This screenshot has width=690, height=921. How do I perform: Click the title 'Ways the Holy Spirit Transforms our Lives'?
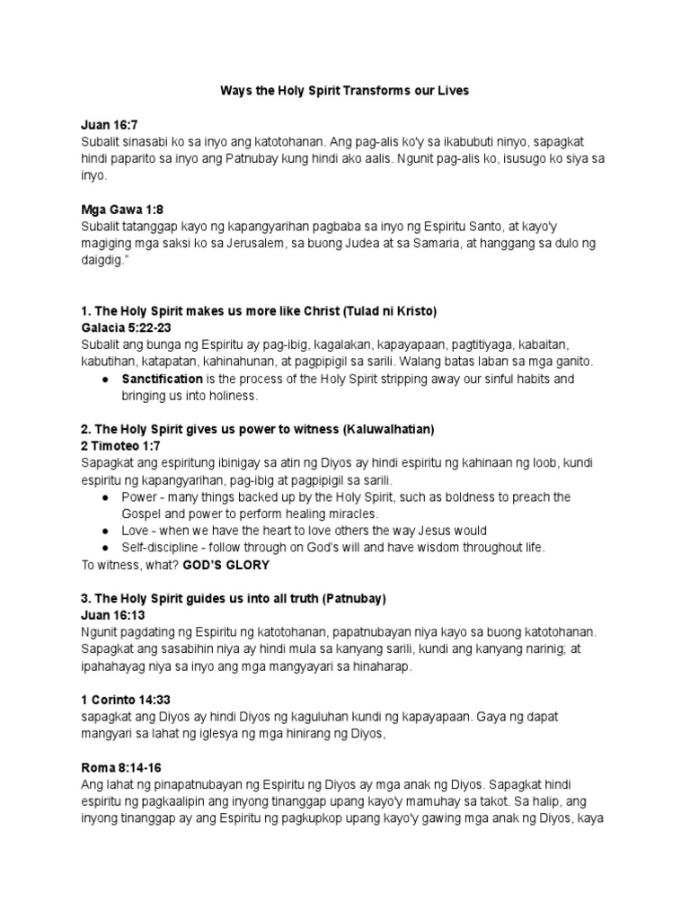tap(345, 91)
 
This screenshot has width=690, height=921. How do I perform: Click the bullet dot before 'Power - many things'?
tap(107, 497)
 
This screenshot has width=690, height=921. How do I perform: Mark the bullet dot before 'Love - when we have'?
tap(107, 531)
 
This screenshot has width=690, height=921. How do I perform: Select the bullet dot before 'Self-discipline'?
tap(107, 548)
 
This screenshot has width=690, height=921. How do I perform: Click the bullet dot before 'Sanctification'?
tap(107, 380)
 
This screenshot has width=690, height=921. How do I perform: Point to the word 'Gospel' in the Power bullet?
tap(142, 514)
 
